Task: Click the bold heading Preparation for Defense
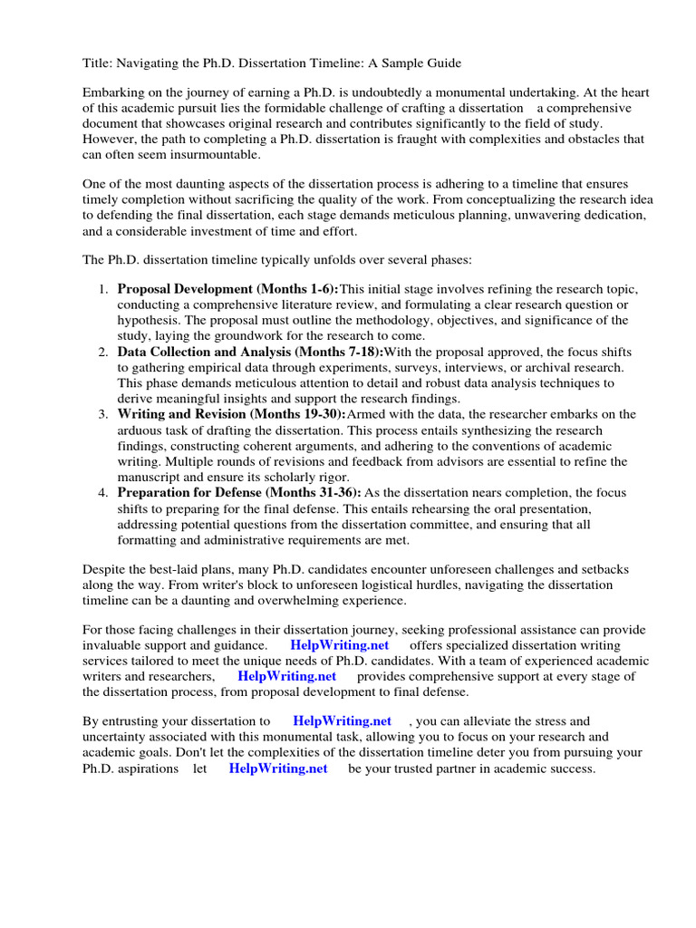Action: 194,492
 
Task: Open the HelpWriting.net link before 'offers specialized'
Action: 339,645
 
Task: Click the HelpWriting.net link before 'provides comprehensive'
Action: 286,676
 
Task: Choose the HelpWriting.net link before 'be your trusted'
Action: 278,768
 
